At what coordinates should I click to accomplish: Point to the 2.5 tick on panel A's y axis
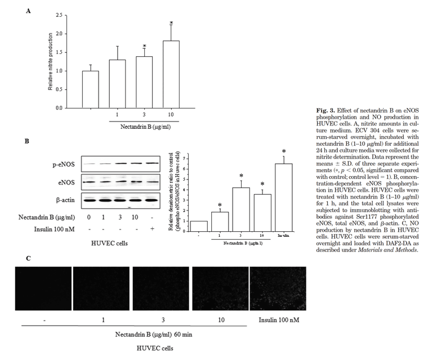(59, 15)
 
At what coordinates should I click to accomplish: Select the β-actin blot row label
(64, 199)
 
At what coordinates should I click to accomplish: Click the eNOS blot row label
(66, 181)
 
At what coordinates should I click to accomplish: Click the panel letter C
(28, 258)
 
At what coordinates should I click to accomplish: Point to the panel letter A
(28, 11)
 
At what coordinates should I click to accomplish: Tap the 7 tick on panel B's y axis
(184, 153)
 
